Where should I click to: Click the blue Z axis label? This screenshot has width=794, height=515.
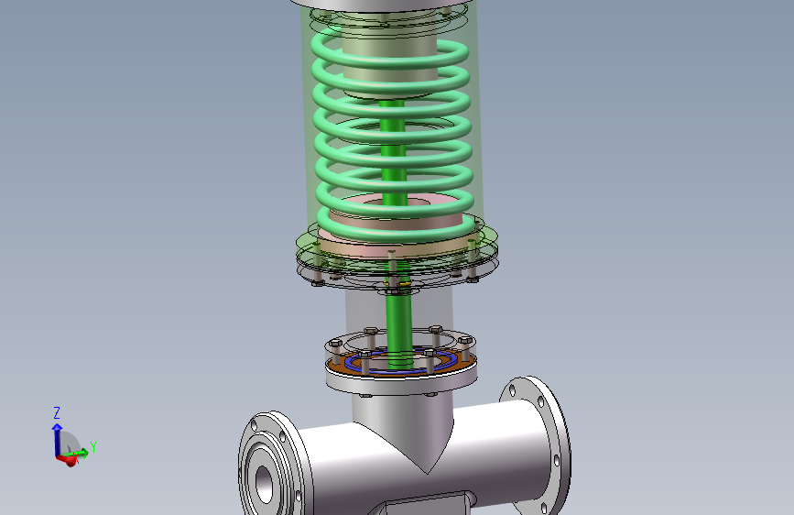click(57, 412)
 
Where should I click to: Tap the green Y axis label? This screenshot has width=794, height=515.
click(93, 447)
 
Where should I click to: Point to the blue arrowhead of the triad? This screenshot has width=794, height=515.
click(57, 427)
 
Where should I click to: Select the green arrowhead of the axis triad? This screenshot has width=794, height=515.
click(84, 452)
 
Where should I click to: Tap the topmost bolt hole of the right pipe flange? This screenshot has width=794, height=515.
click(513, 390)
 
